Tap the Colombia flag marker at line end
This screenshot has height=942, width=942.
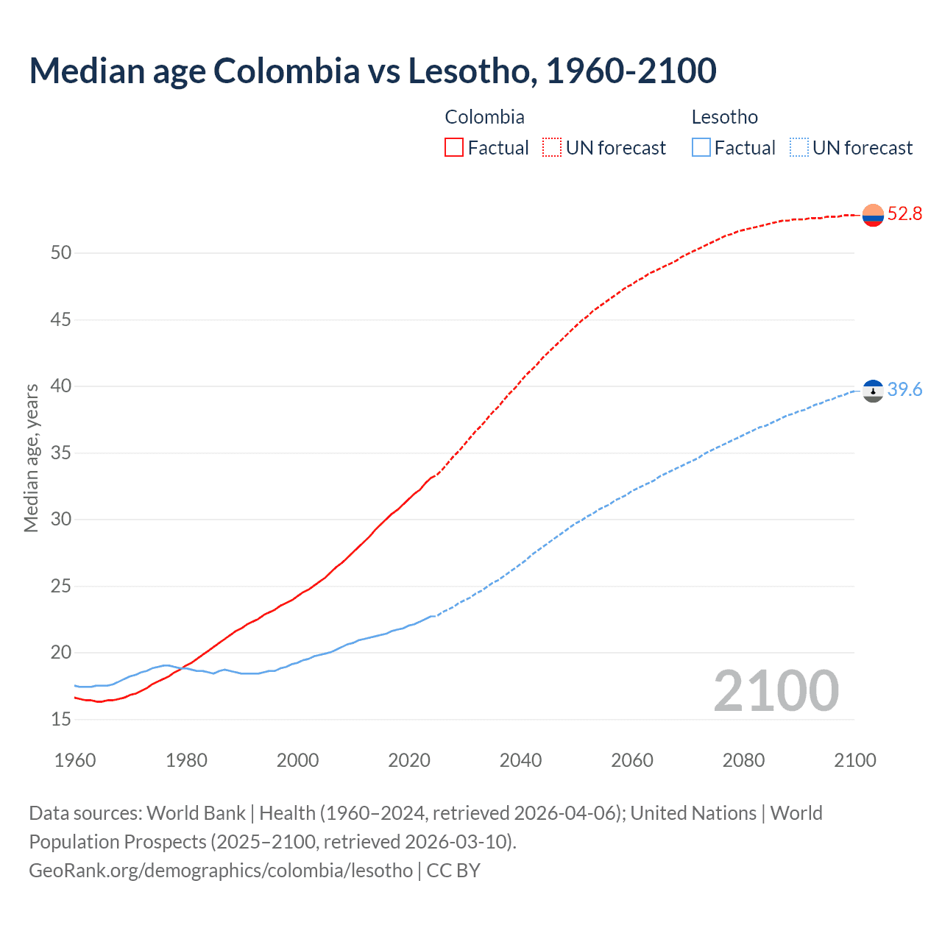(x=873, y=215)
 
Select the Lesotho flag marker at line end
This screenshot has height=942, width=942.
(x=873, y=391)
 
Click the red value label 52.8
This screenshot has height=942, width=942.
(x=904, y=214)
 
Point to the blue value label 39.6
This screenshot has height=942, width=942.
(x=904, y=390)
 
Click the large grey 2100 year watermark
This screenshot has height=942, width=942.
(x=776, y=691)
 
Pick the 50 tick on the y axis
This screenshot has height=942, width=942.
(x=61, y=253)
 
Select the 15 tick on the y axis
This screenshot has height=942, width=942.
(x=61, y=720)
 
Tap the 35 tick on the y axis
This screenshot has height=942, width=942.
(x=61, y=453)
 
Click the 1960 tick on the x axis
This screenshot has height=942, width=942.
(x=75, y=760)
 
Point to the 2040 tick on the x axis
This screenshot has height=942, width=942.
(x=520, y=760)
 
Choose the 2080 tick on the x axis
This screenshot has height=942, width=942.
(x=743, y=760)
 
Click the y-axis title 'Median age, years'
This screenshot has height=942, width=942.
(x=31, y=458)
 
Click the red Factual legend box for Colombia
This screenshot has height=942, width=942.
(x=454, y=148)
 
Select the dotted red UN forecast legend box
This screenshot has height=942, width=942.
(x=552, y=148)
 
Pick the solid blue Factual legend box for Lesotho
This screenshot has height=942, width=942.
(x=701, y=148)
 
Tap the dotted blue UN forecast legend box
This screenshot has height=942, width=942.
(x=799, y=148)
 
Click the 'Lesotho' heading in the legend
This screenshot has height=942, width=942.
(x=724, y=117)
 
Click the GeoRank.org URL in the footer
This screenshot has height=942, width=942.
(x=221, y=871)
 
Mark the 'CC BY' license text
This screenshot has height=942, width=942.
(x=453, y=871)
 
